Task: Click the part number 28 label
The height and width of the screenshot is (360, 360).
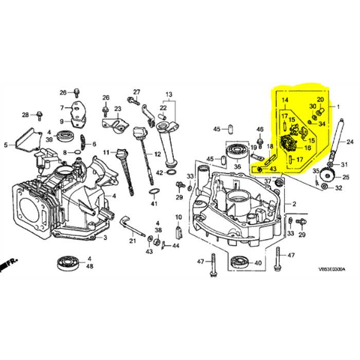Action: (x=25, y=114)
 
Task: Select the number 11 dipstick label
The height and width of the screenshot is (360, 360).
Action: (x=106, y=152)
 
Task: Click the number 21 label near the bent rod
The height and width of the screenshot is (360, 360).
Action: (x=133, y=241)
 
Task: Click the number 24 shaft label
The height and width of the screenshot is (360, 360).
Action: (x=350, y=142)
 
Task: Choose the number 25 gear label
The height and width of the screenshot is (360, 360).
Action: (x=346, y=177)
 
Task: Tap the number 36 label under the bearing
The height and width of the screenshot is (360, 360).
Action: (x=237, y=167)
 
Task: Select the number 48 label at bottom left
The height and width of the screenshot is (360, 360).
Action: (x=89, y=266)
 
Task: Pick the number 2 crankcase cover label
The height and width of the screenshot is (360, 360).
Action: (x=295, y=204)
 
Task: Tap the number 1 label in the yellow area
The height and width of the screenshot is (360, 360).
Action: (x=338, y=107)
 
